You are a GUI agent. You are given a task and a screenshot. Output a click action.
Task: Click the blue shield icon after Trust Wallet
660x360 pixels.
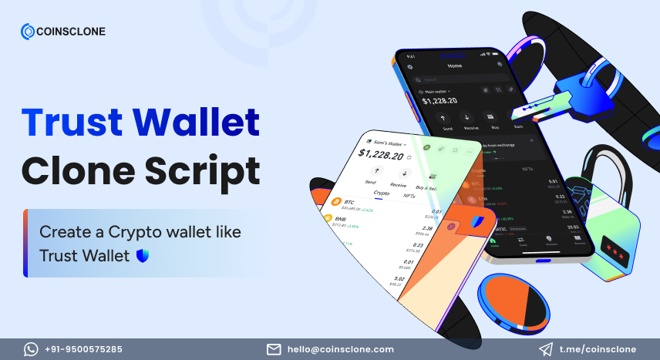click(x=141, y=254)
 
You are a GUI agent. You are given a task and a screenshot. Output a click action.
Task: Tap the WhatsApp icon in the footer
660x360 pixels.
click(x=31, y=349)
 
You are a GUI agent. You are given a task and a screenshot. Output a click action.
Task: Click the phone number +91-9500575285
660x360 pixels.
click(x=83, y=349)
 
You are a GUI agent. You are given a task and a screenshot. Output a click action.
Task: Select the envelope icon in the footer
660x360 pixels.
click(x=274, y=349)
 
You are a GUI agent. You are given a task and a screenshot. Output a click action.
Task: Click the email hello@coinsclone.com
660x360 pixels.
click(x=341, y=349)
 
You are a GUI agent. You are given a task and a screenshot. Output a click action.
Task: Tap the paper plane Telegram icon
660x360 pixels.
click(x=546, y=349)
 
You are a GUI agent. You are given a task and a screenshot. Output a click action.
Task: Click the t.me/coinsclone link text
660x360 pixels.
click(x=598, y=349)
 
